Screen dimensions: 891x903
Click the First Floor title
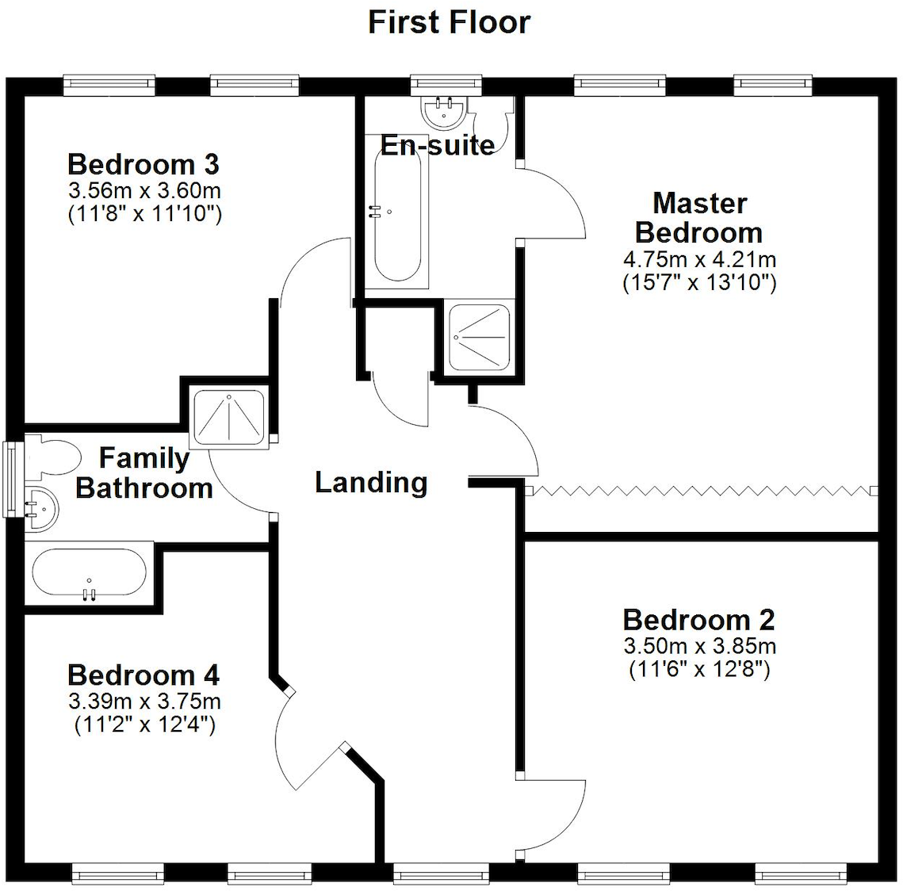(x=449, y=22)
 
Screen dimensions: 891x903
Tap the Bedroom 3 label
(x=143, y=164)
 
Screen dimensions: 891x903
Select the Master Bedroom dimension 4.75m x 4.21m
(x=698, y=260)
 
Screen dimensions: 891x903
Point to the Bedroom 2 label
(x=698, y=619)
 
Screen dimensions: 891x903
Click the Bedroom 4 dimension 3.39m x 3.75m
(x=143, y=702)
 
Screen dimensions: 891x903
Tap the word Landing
(x=371, y=482)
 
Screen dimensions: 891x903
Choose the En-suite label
(x=438, y=145)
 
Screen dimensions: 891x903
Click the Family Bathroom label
(x=143, y=473)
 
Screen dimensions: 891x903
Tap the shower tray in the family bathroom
(x=229, y=416)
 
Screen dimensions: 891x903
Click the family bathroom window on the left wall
(x=11, y=480)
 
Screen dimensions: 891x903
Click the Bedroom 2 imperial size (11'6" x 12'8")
(x=698, y=670)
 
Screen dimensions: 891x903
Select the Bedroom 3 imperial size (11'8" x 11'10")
(x=143, y=214)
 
